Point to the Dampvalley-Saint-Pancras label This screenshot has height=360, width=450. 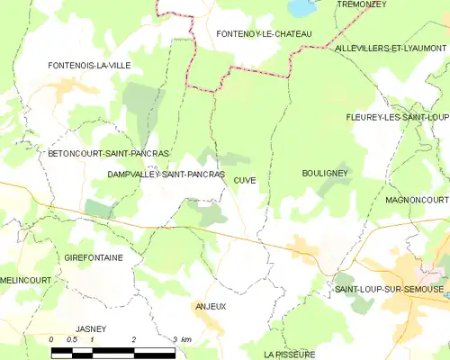pyautogui.click(x=165, y=174)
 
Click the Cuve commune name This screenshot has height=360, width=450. pyautogui.click(x=245, y=180)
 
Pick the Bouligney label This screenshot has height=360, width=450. pyautogui.click(x=325, y=172)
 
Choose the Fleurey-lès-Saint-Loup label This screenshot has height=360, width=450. pyautogui.click(x=397, y=117)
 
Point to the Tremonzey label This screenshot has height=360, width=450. pyautogui.click(x=361, y=4)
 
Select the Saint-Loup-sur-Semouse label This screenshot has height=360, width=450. pyautogui.click(x=389, y=289)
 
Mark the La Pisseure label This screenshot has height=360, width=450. pyautogui.click(x=290, y=355)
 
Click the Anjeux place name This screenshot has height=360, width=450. pyautogui.click(x=210, y=306)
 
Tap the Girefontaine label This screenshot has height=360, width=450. pyautogui.click(x=94, y=257)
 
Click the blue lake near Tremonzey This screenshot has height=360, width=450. pyautogui.click(x=299, y=8)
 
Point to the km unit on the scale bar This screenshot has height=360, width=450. pyautogui.click(x=186, y=339)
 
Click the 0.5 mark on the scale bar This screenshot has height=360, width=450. pyautogui.click(x=72, y=339)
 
